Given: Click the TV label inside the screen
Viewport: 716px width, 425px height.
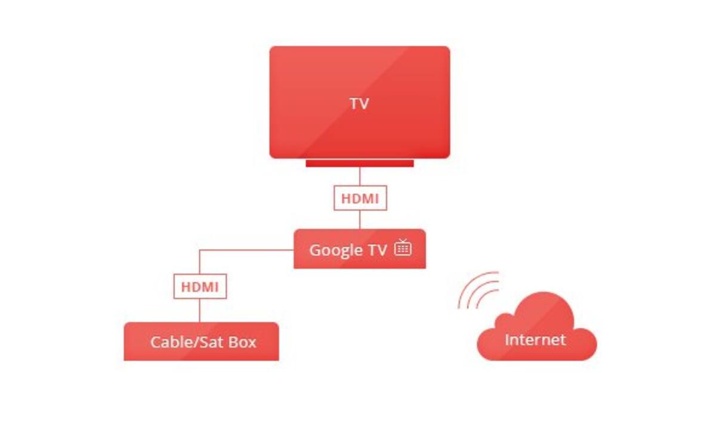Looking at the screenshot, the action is (x=359, y=104).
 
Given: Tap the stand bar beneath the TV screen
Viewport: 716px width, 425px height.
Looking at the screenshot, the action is (x=360, y=163).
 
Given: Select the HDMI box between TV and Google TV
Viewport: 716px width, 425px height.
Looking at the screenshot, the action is (x=360, y=198).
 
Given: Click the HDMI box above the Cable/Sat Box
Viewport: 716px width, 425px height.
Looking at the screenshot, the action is (x=200, y=287).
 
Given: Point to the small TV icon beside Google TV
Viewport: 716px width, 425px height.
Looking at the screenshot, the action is (x=403, y=247).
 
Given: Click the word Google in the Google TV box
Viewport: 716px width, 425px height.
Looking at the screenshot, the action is (x=336, y=250).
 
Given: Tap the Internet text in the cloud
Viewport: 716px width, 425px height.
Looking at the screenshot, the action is (x=535, y=340).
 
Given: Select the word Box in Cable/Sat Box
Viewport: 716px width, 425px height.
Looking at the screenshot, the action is (x=243, y=342).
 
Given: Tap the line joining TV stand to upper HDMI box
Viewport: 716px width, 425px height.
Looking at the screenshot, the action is (x=360, y=176).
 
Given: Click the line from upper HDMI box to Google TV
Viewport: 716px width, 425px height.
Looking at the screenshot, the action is (x=360, y=220).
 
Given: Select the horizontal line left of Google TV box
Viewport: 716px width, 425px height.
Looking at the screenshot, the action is (x=246, y=250).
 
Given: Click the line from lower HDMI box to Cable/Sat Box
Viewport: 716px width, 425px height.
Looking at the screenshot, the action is (x=200, y=311).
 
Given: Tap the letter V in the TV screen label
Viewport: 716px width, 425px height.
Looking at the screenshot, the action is (x=364, y=104).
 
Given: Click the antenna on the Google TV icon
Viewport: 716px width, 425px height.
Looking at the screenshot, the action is (x=403, y=241).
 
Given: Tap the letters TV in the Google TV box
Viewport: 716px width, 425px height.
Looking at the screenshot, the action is (x=378, y=250).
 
